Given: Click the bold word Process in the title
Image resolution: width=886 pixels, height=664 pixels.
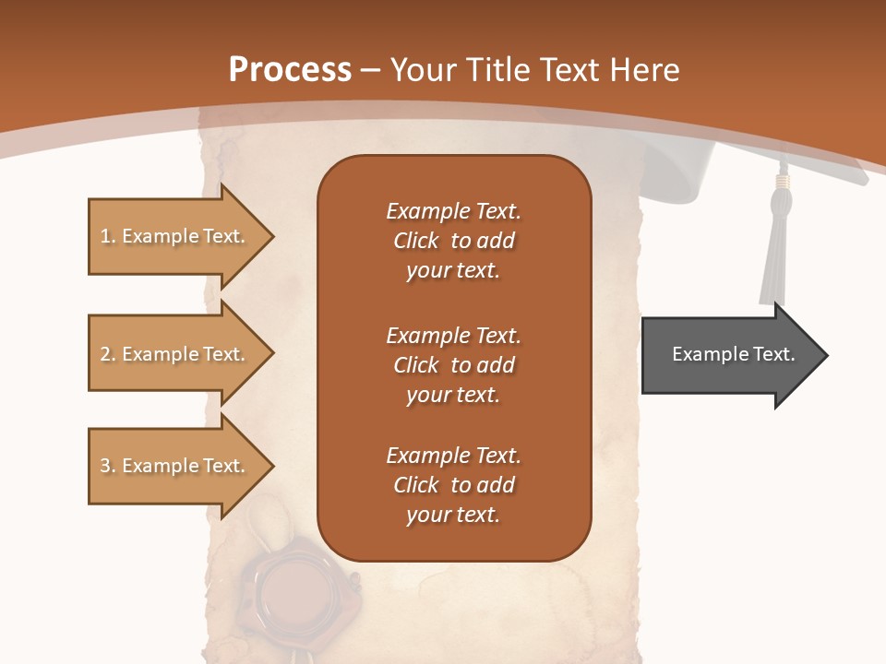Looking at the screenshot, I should point(290,69).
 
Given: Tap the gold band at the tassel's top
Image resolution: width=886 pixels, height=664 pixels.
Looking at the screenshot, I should point(782,182).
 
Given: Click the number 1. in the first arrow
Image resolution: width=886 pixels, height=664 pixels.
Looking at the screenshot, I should point(108,236).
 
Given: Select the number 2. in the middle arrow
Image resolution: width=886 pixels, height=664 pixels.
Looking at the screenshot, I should point(108,354).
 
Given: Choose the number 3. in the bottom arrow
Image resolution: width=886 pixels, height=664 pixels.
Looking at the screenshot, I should point(108,466).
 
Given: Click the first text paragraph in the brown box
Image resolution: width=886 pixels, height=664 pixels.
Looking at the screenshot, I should point(453,241).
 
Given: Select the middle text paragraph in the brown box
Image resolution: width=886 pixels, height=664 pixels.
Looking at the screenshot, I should point(453,365).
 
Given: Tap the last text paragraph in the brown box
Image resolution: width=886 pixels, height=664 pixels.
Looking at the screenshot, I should point(453,485).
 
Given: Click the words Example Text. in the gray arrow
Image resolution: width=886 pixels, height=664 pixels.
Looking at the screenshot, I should point(733,354).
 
